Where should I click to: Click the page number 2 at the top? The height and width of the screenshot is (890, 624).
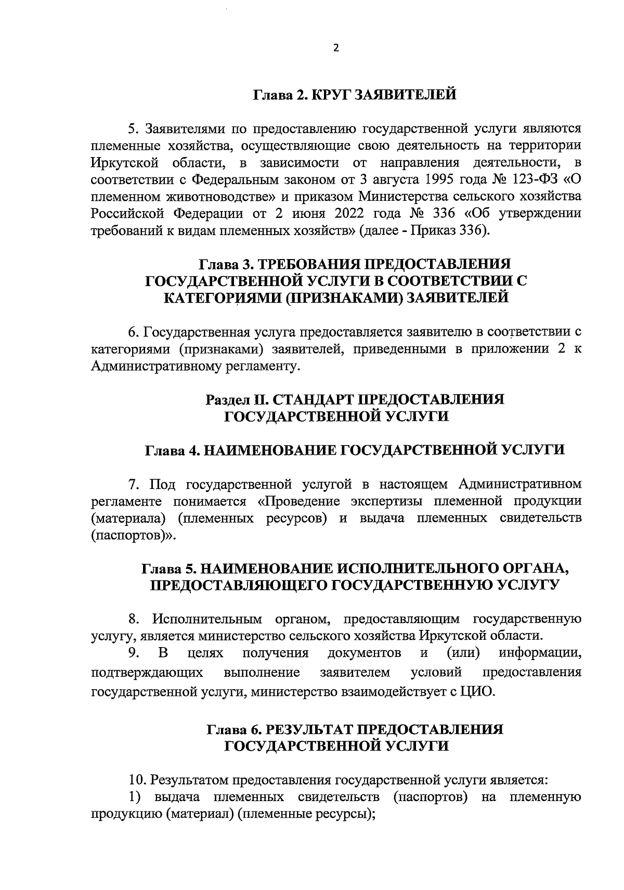coord(335,48)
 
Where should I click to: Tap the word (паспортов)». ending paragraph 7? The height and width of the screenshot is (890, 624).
coord(134,535)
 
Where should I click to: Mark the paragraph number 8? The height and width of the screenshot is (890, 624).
coord(134,620)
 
